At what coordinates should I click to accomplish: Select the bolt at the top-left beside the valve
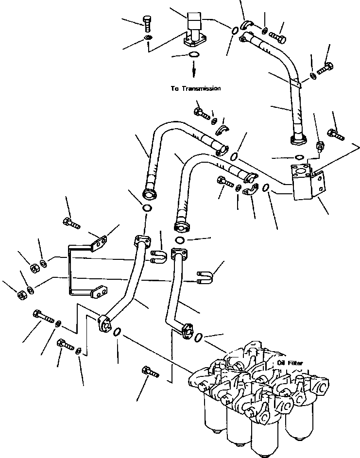pos(148,22)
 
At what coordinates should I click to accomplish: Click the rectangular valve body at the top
pos(194,23)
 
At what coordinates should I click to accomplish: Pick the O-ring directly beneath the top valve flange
pos(193,54)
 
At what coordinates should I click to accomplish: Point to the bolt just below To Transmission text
pos(201,113)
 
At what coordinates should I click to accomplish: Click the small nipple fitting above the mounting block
pos(320,146)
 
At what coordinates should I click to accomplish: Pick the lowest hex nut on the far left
pos(21,294)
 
